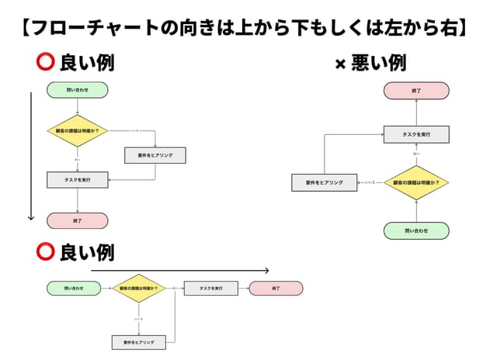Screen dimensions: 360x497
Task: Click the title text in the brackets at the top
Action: point(248,28)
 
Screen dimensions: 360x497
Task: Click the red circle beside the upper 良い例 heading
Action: point(44,62)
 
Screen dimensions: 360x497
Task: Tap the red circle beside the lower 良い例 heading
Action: point(45,252)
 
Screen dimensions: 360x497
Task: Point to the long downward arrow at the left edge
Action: point(31,155)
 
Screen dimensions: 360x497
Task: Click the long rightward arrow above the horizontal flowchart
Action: point(179,271)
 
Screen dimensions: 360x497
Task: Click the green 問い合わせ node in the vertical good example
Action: point(78,90)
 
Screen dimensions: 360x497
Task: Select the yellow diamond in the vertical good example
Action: point(78,131)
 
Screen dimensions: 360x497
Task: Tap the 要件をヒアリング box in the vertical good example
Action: point(155,155)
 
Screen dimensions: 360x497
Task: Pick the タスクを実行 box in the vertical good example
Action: point(78,180)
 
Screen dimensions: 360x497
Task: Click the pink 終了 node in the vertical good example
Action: point(78,220)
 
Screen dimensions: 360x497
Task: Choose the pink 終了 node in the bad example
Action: point(416,91)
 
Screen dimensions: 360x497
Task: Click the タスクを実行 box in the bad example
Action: point(416,134)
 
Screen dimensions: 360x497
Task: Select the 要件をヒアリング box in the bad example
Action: point(324,182)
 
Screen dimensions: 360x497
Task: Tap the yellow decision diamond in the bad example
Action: point(416,182)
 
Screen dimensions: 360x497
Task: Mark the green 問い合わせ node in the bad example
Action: point(416,230)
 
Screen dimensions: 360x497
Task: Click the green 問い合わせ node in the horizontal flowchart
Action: point(75,288)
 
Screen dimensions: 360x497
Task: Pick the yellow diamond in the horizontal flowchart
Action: point(139,288)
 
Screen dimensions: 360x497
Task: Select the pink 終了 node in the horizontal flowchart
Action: point(276,288)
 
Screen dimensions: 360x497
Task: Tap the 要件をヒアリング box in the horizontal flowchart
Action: point(139,341)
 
